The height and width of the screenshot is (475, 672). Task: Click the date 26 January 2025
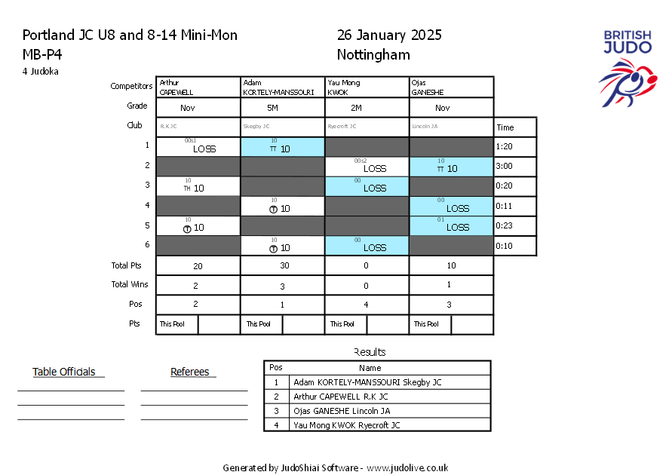point(389,35)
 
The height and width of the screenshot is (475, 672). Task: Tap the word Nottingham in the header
point(373,54)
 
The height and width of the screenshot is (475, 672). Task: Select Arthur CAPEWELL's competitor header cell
point(198,87)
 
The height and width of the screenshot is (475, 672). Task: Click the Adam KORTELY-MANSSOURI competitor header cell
point(282,87)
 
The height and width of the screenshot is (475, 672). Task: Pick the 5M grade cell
point(282,108)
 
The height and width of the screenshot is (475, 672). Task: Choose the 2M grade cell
point(367,108)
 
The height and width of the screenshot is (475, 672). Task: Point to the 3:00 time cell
point(515,167)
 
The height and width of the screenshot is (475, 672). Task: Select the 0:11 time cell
point(515,206)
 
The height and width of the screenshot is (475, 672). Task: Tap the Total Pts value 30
point(282,265)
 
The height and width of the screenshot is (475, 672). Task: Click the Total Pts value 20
point(198,265)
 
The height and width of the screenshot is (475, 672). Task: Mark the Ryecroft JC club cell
point(367,127)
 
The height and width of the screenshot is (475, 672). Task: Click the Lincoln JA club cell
point(451,127)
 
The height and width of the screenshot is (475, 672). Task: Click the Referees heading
point(190,372)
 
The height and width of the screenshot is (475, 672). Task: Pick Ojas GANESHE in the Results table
point(342,411)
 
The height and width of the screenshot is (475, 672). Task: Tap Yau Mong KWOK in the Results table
point(346,425)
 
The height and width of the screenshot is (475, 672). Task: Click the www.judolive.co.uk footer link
point(407,467)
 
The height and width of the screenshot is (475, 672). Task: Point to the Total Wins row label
point(130,285)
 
